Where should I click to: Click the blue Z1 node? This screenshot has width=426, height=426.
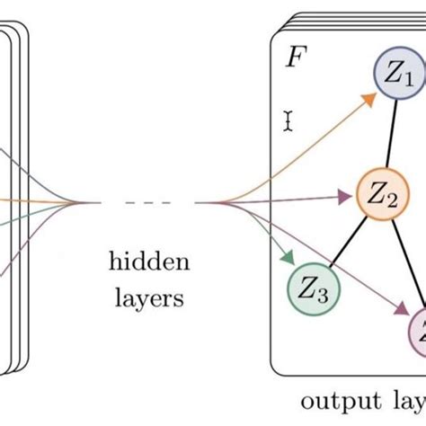(x=398, y=78)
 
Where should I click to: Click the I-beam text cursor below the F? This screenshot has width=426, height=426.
(x=288, y=121)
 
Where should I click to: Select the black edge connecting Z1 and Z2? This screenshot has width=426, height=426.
(x=392, y=135)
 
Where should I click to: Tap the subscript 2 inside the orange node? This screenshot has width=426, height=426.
(x=392, y=200)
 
